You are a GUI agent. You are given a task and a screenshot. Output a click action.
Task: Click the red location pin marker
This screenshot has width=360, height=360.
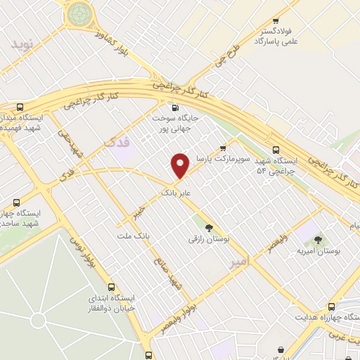pos(181,165)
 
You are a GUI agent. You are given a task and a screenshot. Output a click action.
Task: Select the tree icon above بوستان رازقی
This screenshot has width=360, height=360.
pos(208,226)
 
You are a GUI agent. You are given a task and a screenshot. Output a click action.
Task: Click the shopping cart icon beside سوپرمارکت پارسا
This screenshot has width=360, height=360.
pos(223,148)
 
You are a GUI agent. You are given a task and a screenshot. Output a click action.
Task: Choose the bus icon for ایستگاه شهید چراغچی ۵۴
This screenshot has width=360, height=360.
pos(276,150)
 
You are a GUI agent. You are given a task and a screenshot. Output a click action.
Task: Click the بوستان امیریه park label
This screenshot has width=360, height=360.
pos(328,251)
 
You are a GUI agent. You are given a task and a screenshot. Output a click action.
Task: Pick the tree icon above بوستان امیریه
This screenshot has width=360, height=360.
pos(326,240)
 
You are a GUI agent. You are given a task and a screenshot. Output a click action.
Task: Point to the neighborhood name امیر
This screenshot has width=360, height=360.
pos(240,262)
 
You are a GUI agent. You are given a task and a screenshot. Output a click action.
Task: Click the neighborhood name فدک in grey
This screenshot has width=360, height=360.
pos(117,142)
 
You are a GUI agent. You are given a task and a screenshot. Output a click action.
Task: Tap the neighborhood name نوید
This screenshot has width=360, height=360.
pos(22,44)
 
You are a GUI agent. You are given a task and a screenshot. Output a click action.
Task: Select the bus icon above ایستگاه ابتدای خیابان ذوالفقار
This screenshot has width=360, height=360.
pos(111,287)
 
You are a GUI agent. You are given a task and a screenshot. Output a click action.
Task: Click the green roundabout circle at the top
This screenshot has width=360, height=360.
pos(80,12)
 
